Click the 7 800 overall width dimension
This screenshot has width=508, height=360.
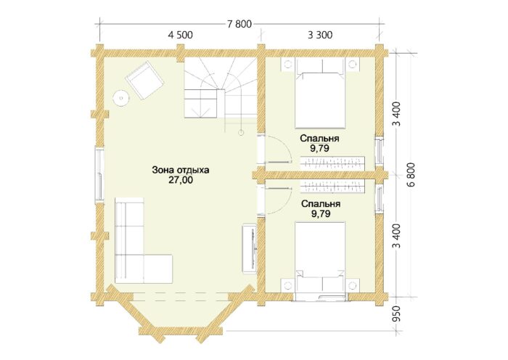click(239, 24)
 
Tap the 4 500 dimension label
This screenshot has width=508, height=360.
click(180, 35)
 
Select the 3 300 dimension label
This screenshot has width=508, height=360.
click(320, 35)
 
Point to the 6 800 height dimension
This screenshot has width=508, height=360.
click(411, 174)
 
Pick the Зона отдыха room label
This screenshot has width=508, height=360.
click(181, 170)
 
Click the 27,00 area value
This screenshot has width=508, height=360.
click(181, 180)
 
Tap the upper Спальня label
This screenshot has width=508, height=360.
click(319, 139)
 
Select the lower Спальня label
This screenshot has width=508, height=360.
click(321, 204)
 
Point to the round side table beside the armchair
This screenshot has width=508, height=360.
click(121, 97)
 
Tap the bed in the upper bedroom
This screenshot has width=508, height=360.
click(320, 94)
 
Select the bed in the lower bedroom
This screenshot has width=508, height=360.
click(320, 256)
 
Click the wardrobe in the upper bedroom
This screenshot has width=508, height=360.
click(332, 163)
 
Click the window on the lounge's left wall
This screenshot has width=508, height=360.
click(100, 175)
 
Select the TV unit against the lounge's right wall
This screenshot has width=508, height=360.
click(250, 248)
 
